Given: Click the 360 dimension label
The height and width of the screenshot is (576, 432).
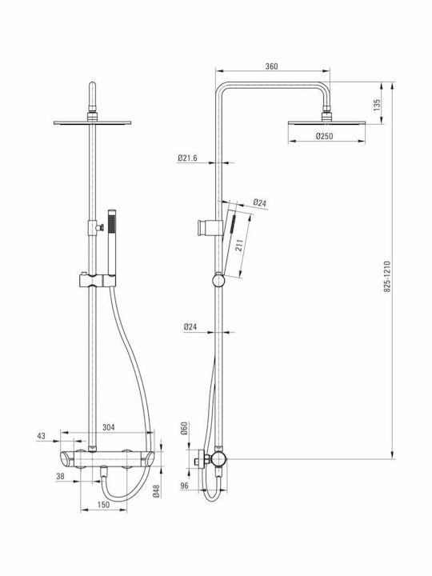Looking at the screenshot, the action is click(x=271, y=66).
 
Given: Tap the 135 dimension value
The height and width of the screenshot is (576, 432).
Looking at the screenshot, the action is click(x=377, y=105).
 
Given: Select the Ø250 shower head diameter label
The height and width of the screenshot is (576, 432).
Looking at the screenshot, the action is click(x=324, y=136).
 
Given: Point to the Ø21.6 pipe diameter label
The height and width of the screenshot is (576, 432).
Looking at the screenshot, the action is click(x=187, y=158).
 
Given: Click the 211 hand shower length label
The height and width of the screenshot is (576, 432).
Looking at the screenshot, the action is click(x=239, y=246).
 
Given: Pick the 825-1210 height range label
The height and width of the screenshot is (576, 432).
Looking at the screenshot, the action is click(x=387, y=277).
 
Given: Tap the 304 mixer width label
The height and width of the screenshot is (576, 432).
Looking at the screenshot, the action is click(x=108, y=427).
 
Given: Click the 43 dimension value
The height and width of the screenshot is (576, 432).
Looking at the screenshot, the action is click(x=41, y=436).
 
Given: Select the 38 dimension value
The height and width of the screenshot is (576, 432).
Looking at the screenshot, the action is click(x=60, y=476).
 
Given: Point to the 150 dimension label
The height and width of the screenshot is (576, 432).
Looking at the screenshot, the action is click(x=103, y=505).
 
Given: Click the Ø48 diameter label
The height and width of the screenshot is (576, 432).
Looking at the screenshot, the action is click(x=157, y=491).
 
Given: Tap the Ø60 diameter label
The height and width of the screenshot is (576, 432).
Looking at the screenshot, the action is click(x=185, y=428).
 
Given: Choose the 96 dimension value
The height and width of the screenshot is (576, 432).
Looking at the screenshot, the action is click(x=185, y=486).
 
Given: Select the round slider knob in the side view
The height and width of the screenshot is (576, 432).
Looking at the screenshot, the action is click(x=218, y=280).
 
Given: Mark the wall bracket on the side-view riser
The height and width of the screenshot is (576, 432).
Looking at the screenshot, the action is click(x=210, y=228).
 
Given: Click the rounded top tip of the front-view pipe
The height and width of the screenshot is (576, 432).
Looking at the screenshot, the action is click(x=93, y=83).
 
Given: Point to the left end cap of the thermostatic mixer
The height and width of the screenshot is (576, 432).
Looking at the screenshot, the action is click(x=67, y=459).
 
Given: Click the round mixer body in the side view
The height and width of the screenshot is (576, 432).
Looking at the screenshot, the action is click(x=218, y=459).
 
